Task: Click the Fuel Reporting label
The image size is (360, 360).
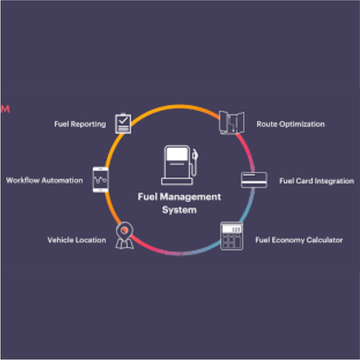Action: coord(80,124)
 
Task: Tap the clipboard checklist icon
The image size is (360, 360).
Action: coord(123,123)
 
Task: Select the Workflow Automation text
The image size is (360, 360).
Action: coord(44,180)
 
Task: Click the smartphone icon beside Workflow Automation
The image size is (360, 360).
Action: coord(100,179)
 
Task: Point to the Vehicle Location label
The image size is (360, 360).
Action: coord(76,240)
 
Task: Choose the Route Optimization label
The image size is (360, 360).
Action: coord(290,124)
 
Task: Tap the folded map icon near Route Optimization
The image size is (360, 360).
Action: coord(231,123)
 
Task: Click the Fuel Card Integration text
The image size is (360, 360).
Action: coord(317,181)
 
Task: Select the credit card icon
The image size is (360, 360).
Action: coord(254,180)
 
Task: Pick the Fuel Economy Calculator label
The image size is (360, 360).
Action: coord(299,240)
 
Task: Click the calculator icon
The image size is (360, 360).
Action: coord(232,236)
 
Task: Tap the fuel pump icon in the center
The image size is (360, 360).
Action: coord(179,165)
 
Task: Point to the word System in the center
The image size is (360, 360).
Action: coord(179,210)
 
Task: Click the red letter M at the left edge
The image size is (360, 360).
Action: coord(5,108)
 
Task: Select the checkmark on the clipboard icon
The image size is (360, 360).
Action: coord(123,120)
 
